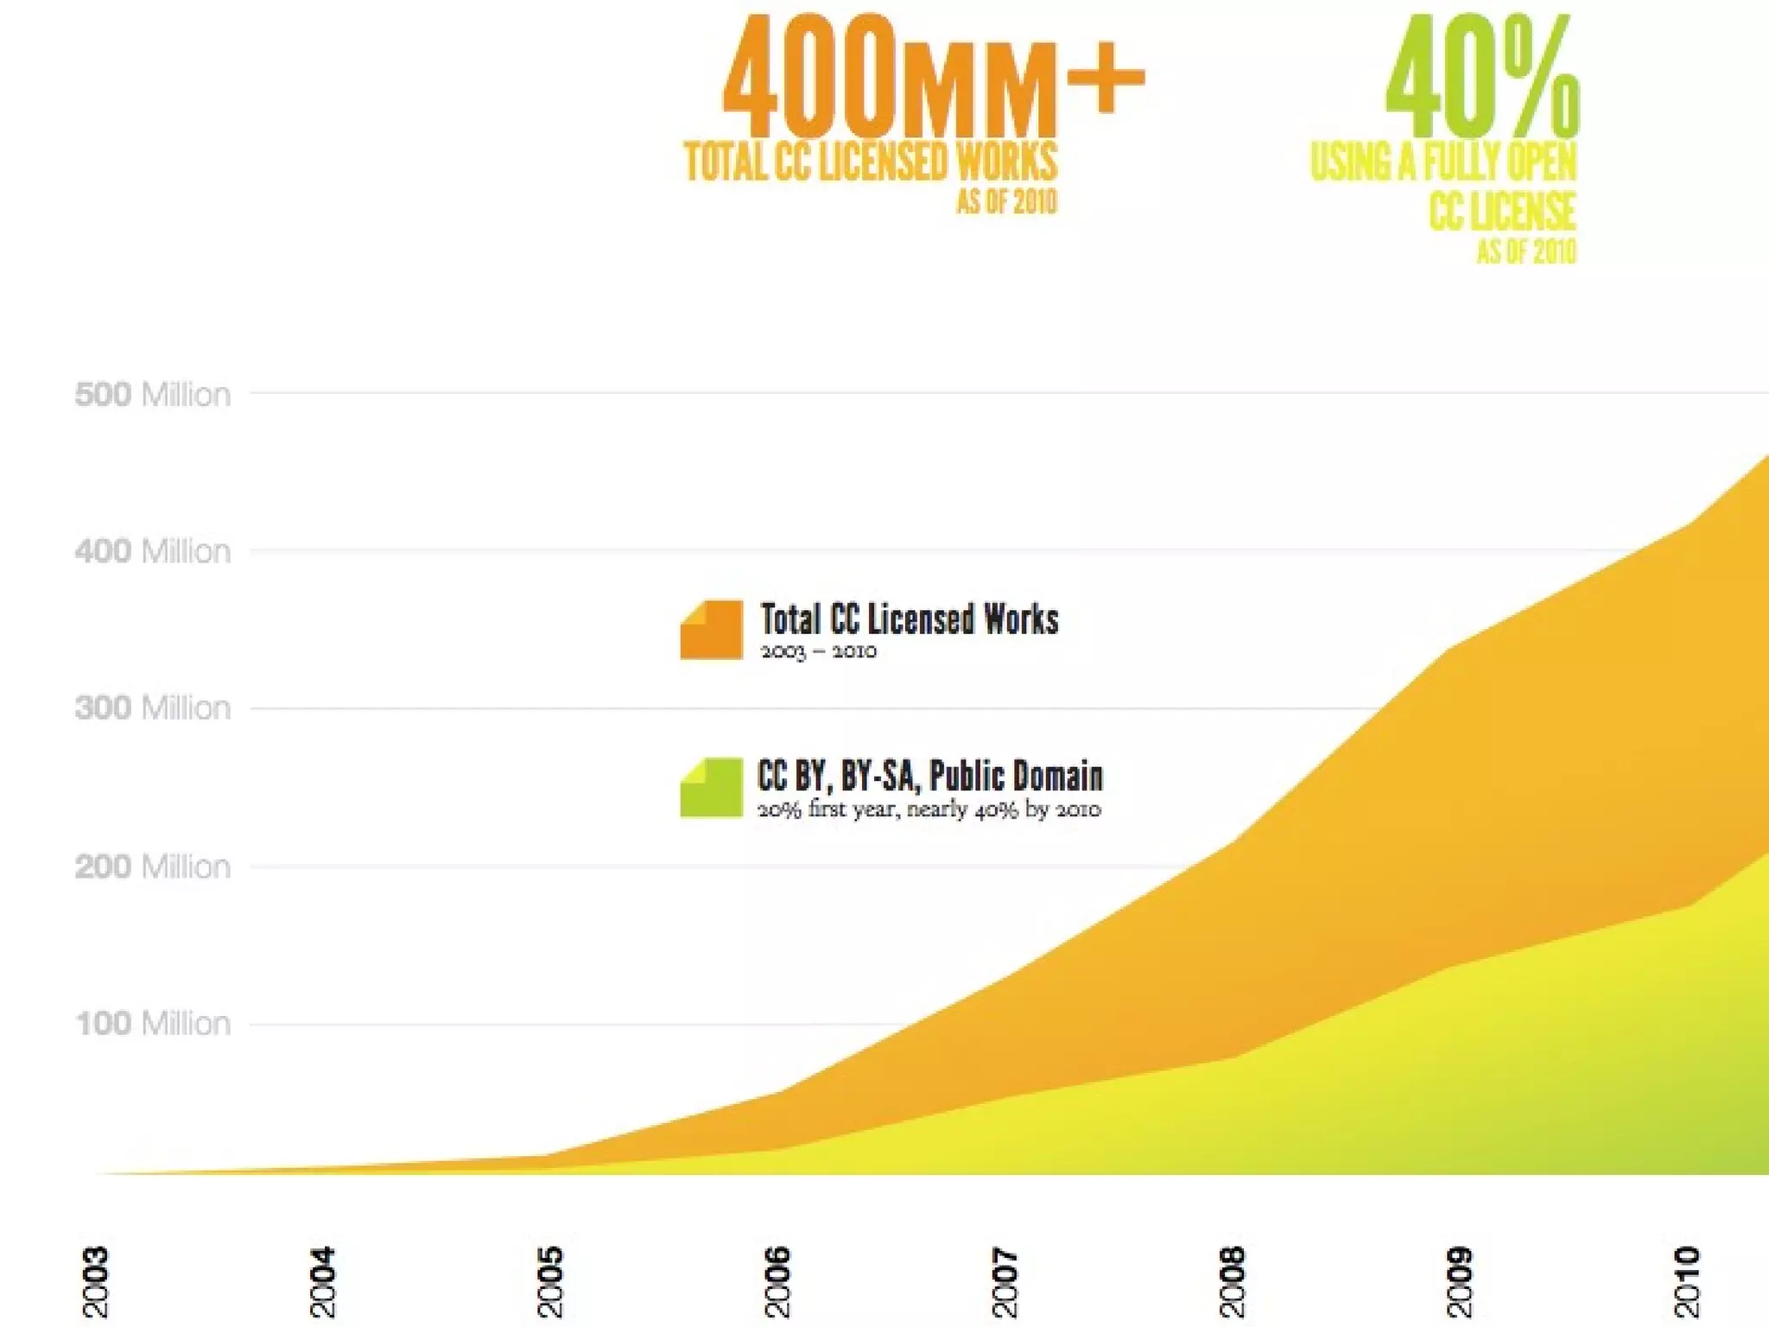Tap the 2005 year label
coord(549,1281)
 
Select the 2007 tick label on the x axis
coord(1004,1281)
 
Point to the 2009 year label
coord(1459,1281)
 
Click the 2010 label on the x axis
coord(1687,1281)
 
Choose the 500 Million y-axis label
coord(153,395)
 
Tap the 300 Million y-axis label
coord(153,708)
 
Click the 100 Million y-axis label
coord(153,1024)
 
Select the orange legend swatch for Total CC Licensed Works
coord(711,630)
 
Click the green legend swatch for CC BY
coord(711,787)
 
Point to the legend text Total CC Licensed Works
coord(909,619)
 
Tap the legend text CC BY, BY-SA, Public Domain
coord(929,776)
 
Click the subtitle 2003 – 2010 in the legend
coord(818,651)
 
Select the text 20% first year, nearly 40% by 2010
coord(929,810)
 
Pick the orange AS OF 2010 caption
coord(1006,202)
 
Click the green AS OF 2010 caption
coord(1526,251)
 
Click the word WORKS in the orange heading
coord(1006,162)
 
